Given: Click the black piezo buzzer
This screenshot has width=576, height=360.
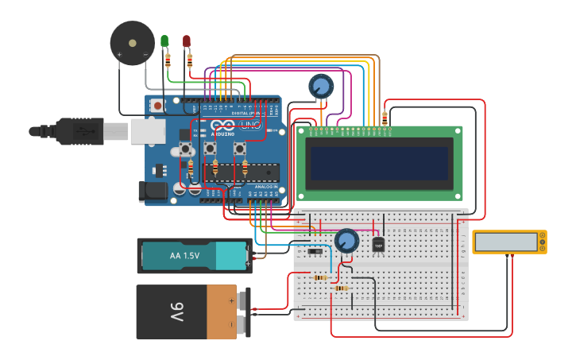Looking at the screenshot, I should [132, 43].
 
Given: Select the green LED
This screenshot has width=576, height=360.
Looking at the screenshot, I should [164, 41].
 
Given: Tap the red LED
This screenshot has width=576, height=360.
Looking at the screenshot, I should [187, 41].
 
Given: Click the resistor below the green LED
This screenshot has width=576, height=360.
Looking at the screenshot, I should [168, 58].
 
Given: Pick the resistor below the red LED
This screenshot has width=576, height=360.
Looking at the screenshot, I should [190, 58].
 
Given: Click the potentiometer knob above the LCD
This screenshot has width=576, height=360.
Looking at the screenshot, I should [321, 85].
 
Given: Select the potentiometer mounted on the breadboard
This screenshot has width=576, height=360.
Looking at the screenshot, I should [346, 240].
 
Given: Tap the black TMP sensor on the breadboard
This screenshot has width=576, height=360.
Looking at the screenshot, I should [378, 246].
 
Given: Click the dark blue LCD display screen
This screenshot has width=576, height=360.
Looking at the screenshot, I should [381, 165].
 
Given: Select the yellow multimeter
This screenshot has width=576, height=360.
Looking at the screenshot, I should [509, 242].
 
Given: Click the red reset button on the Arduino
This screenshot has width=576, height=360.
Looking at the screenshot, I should [157, 106].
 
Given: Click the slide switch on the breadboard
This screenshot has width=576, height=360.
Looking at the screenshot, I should [315, 252].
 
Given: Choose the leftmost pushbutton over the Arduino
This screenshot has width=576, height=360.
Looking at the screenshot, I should [187, 149].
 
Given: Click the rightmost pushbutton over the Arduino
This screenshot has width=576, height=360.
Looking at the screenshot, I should [239, 149].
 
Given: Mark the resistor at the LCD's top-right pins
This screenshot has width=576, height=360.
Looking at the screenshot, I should [385, 118].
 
